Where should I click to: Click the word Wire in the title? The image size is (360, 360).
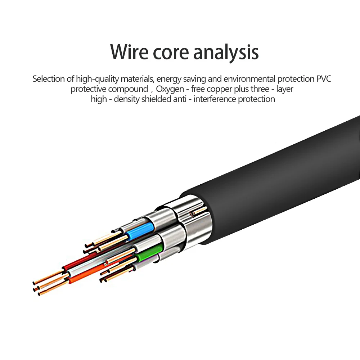point(129,52)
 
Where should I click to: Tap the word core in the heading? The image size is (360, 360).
point(171,53)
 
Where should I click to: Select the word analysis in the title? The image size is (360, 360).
point(226,53)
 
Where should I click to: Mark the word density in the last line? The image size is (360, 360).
point(127,99)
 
